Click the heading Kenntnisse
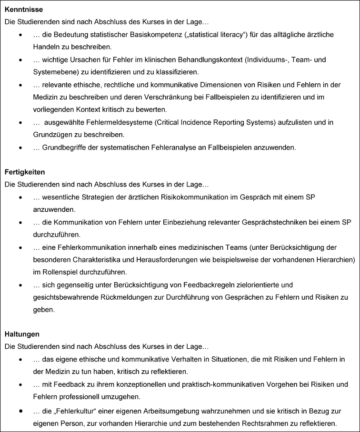pyautogui.click(x=25, y=10)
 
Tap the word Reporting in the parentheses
pyautogui.click(x=244, y=122)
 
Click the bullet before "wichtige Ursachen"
pyautogui.click(x=20, y=60)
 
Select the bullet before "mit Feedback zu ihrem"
pyautogui.click(x=20, y=384)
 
